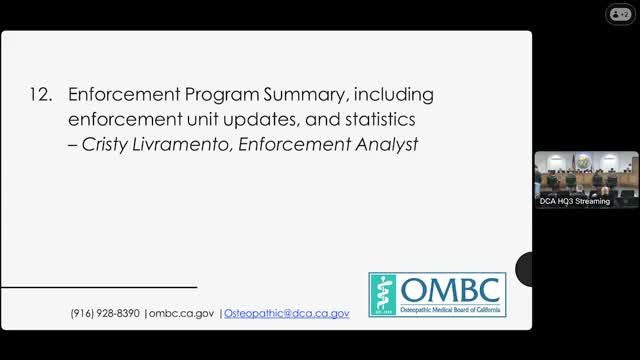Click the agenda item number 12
41,96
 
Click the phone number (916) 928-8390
106,313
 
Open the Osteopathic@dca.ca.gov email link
286,313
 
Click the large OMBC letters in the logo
453,290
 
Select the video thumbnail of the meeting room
586,174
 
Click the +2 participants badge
621,14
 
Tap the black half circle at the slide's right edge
524,269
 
